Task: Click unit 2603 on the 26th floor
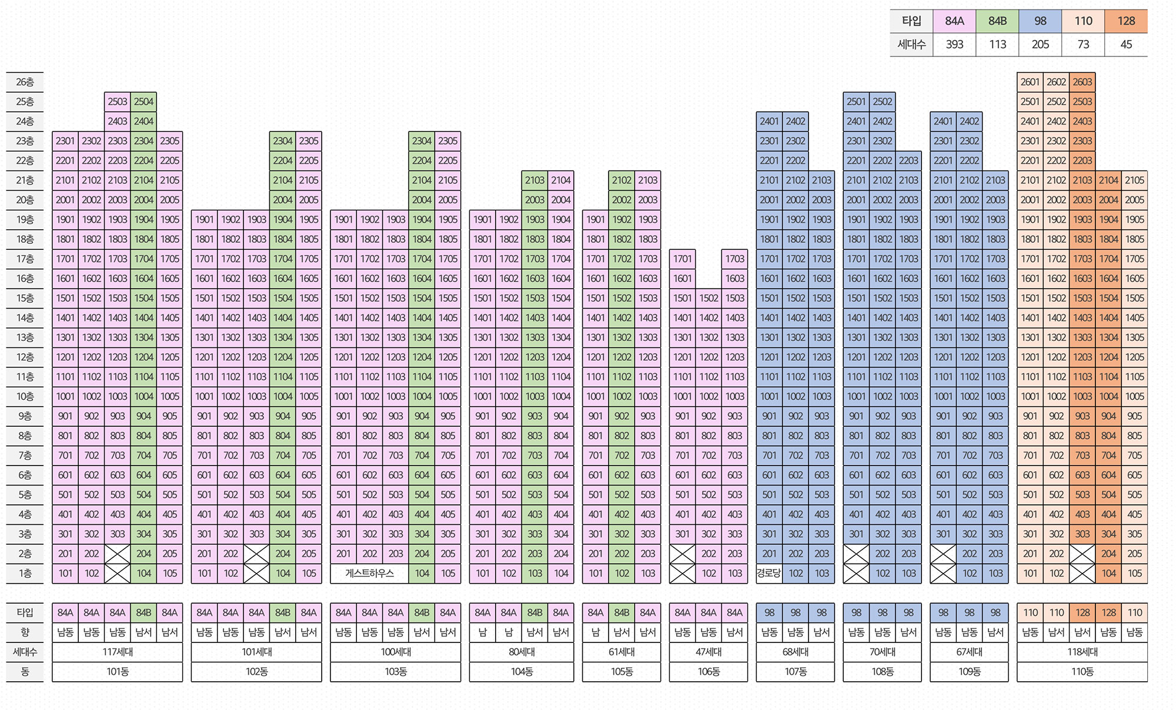tap(1082, 82)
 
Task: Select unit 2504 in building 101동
tap(143, 102)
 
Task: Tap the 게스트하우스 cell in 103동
tap(369, 573)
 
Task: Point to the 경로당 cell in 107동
tap(769, 573)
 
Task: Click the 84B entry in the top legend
tap(997, 21)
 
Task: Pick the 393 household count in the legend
tap(954, 45)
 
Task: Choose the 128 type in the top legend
tap(1126, 21)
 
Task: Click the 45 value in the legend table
tap(1126, 45)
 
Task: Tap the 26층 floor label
tap(25, 82)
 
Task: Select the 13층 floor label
tap(25, 337)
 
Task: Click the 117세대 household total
tap(118, 652)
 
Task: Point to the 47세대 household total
tap(709, 652)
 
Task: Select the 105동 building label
tap(622, 672)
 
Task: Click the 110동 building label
tap(1082, 672)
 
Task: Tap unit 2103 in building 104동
tap(534, 180)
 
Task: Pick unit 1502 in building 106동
tap(709, 298)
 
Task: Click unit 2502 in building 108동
tap(882, 102)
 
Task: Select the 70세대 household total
tap(882, 652)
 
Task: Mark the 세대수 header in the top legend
tap(911, 45)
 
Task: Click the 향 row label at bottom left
tap(25, 632)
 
